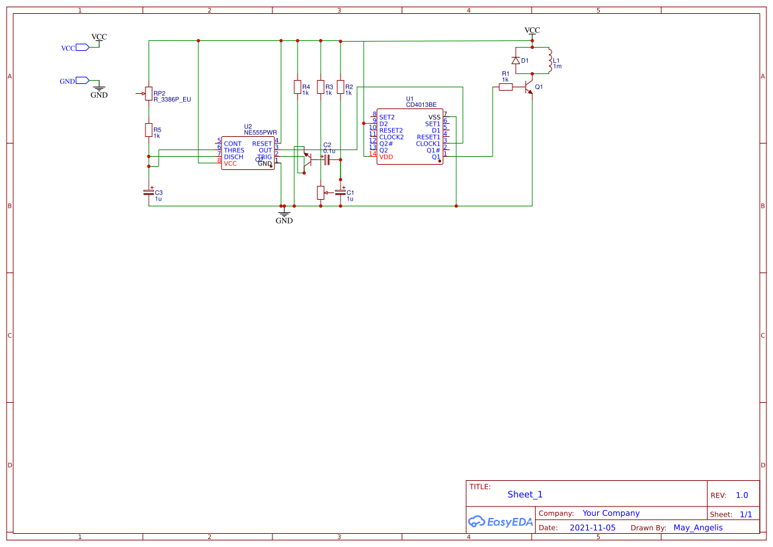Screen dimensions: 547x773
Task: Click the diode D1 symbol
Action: [x=516, y=61]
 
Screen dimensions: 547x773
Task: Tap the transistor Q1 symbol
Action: [x=528, y=87]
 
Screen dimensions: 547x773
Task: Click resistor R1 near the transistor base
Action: [x=506, y=87]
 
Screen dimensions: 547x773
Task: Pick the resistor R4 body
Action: [x=298, y=87]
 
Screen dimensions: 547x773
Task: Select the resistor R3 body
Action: [x=321, y=87]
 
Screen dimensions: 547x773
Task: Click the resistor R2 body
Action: [x=341, y=87]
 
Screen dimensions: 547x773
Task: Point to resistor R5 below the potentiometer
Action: [x=149, y=130]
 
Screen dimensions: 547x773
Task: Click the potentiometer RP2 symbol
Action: [x=149, y=94]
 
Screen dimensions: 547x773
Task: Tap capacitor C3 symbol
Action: [x=149, y=192]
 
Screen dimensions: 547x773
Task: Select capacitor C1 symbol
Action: [x=341, y=192]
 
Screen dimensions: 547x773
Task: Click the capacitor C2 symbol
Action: [x=327, y=159]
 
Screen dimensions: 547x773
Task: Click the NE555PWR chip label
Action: [x=260, y=132]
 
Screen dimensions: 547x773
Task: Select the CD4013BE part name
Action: [x=421, y=105]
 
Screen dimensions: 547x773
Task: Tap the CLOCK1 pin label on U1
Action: [x=428, y=144]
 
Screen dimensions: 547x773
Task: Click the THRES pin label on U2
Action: [x=234, y=150]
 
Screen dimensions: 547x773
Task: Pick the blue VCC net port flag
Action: [x=82, y=48]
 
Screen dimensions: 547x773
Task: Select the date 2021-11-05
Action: [x=592, y=528]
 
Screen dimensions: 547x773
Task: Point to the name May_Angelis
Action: [x=698, y=528]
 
